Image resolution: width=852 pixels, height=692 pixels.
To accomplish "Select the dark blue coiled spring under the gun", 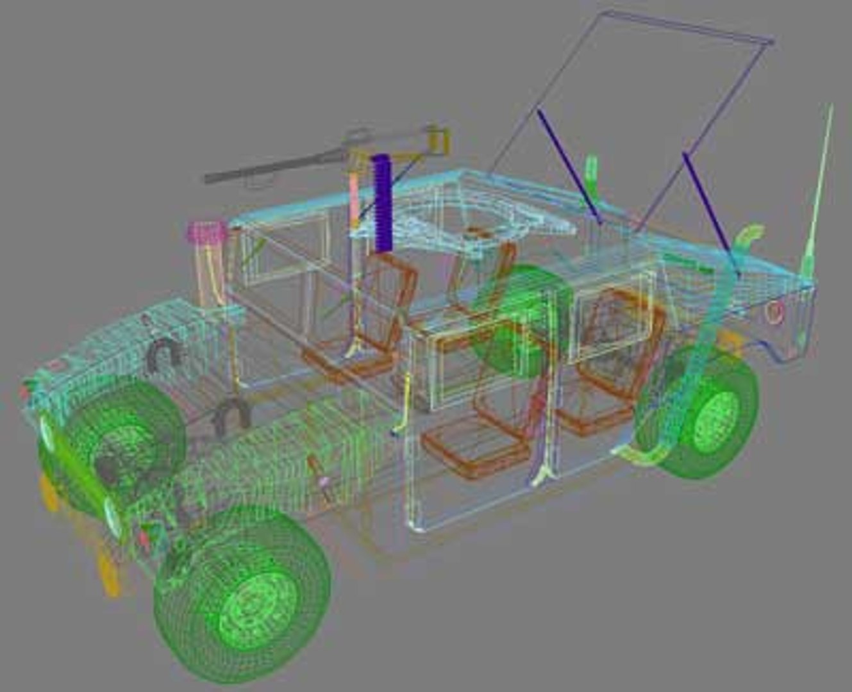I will click(382, 203).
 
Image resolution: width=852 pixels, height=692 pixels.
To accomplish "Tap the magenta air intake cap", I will click(206, 232).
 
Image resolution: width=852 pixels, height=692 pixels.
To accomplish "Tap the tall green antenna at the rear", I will click(818, 192).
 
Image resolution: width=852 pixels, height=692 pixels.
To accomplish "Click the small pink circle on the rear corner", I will click(774, 311).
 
